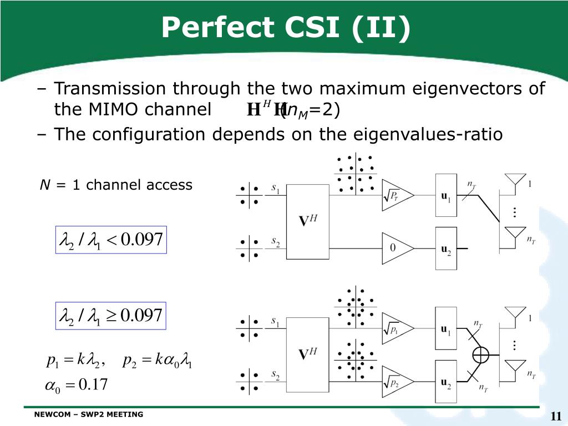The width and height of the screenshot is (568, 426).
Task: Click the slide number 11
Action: coord(556,416)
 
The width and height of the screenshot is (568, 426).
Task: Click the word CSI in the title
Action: coord(312,27)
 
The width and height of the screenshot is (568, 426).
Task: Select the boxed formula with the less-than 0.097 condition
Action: coord(111,240)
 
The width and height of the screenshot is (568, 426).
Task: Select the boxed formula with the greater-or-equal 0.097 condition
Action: coord(111,316)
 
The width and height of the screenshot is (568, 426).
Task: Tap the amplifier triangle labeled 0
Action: coord(398,248)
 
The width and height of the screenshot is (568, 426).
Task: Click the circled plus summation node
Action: coord(481,355)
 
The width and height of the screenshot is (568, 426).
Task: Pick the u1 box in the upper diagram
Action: coord(446,195)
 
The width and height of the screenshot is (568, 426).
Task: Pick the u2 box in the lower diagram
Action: coord(446,382)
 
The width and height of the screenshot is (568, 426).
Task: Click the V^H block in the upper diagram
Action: coord(307,222)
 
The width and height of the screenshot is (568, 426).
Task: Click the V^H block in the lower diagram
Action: coord(307,355)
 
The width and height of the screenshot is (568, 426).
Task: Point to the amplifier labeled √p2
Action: coord(398,382)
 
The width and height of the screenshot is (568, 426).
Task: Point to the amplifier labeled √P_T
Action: coord(398,195)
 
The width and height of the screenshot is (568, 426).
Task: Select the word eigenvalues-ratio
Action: coord(428,134)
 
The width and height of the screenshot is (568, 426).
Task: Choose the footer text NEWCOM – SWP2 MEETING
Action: coord(88,414)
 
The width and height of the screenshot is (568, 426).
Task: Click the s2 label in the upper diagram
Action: coord(276,242)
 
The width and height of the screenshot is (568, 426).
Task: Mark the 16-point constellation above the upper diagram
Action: coord(356,174)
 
